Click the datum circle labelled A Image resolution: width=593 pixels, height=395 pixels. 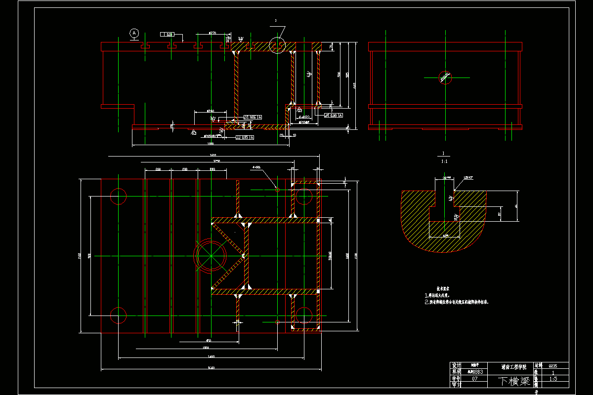click(134, 33)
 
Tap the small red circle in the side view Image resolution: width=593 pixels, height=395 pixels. click(445, 77)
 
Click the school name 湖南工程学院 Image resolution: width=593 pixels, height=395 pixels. click(513, 367)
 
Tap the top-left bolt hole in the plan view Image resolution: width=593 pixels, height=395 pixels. click(119, 196)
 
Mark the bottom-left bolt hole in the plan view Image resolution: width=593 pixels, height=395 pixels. click(119, 315)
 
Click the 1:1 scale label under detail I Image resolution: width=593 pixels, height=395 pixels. click(444, 161)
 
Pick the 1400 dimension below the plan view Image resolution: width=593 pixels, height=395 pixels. click(211, 356)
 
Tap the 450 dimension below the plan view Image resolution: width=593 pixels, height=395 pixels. click(209, 341)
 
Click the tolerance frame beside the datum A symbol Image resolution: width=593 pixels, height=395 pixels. click(168, 35)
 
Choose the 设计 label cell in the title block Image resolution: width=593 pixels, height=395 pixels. click(456, 366)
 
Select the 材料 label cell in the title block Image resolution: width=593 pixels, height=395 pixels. click(538, 366)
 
